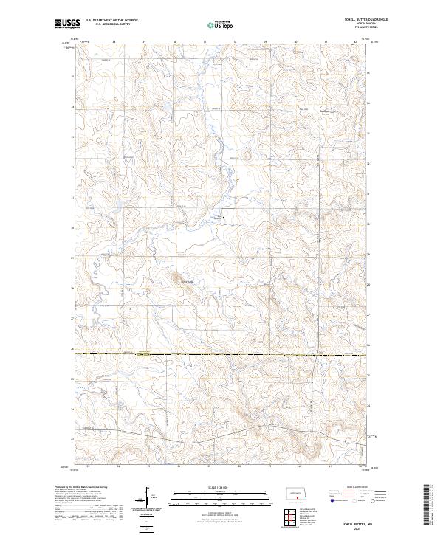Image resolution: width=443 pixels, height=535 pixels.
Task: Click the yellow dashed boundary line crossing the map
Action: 221,355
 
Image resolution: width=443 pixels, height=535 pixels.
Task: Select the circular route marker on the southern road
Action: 347,441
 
